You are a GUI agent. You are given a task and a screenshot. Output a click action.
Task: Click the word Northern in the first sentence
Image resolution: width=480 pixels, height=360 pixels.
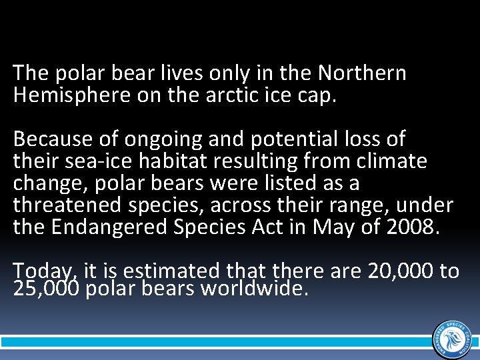(362, 73)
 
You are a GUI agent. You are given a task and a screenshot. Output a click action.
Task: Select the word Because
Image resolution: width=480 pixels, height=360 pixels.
(47, 139)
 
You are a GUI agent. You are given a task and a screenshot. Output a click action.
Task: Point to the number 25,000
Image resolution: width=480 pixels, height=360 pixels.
(46, 290)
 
